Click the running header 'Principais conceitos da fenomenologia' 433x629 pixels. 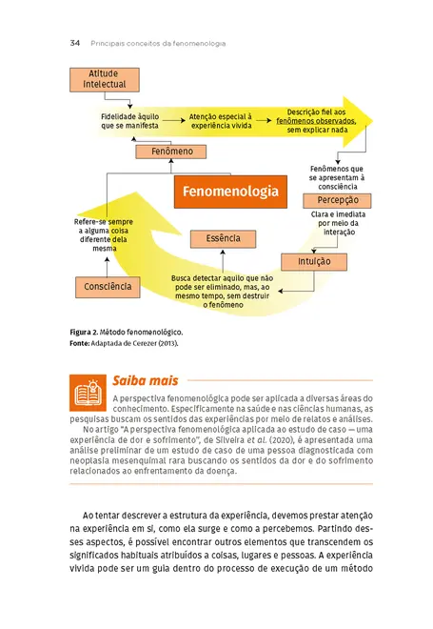158,43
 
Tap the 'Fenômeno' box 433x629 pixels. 171,152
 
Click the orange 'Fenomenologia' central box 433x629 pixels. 227,191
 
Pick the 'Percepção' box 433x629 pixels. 330,200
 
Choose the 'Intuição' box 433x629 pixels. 307,259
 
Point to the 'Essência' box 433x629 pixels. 221,239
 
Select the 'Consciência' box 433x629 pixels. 107,286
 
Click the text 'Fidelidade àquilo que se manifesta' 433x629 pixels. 130,119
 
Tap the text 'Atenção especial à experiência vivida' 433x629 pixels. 221,119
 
